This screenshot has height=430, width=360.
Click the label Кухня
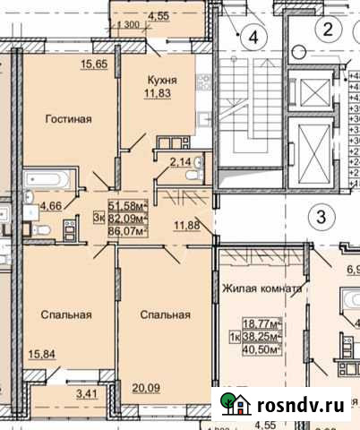click(161, 80)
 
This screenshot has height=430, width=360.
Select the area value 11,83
click(161, 93)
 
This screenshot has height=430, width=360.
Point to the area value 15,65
click(94, 64)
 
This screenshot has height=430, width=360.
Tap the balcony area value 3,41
click(86, 391)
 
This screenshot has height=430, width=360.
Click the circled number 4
click(254, 38)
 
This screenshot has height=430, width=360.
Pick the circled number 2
click(328, 30)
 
